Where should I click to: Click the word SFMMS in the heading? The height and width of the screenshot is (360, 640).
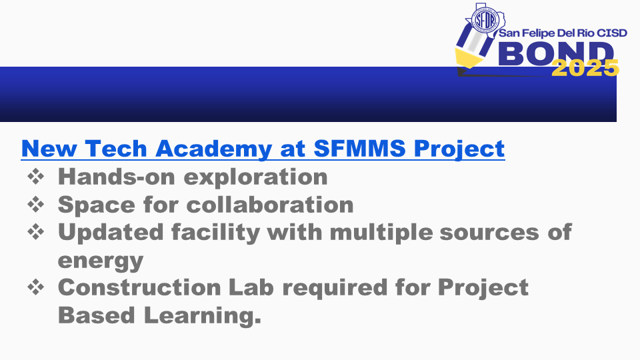tap(359, 148)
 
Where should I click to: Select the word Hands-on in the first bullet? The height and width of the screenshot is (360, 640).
tap(116, 176)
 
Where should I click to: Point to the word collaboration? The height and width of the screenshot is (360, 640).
tap(270, 204)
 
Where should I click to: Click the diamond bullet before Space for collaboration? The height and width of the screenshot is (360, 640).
tap(36, 204)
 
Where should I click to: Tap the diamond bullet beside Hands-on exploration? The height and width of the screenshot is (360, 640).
tap(36, 176)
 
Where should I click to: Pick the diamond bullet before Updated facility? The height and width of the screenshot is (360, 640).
tap(36, 232)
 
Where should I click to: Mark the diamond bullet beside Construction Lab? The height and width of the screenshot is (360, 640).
tap(36, 287)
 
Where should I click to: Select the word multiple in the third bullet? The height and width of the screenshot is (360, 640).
tap(381, 232)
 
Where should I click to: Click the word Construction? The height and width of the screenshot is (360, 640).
tap(139, 287)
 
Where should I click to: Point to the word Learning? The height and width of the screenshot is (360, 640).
tap(203, 316)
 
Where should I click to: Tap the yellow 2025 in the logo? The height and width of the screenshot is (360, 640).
tap(585, 68)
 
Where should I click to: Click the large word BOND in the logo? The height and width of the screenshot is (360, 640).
tap(556, 53)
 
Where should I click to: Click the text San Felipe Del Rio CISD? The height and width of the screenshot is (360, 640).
tap(563, 33)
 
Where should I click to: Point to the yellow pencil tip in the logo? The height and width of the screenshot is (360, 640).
tap(468, 57)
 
